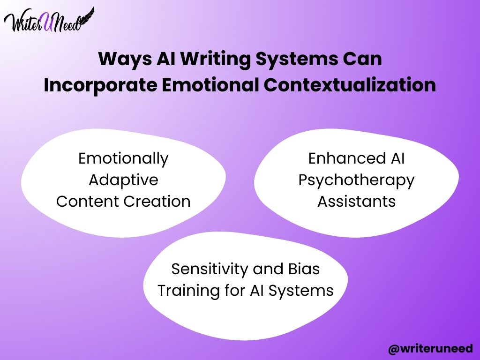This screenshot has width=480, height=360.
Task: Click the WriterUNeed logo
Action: (49, 20)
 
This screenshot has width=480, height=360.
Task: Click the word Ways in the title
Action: (125, 59)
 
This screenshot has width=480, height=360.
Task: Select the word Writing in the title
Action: (215, 59)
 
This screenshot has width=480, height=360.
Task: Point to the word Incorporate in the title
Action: (100, 85)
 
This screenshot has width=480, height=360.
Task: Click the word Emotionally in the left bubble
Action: (123, 159)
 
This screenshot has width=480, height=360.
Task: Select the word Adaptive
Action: (123, 180)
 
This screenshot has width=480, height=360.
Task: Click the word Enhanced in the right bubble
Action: (347, 158)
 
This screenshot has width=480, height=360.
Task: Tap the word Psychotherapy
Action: (356, 180)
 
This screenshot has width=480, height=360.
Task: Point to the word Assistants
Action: (356, 202)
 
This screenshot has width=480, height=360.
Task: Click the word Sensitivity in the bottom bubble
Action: (210, 270)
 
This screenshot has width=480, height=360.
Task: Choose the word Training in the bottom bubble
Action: (188, 291)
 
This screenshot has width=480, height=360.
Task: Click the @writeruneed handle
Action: (430, 349)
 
